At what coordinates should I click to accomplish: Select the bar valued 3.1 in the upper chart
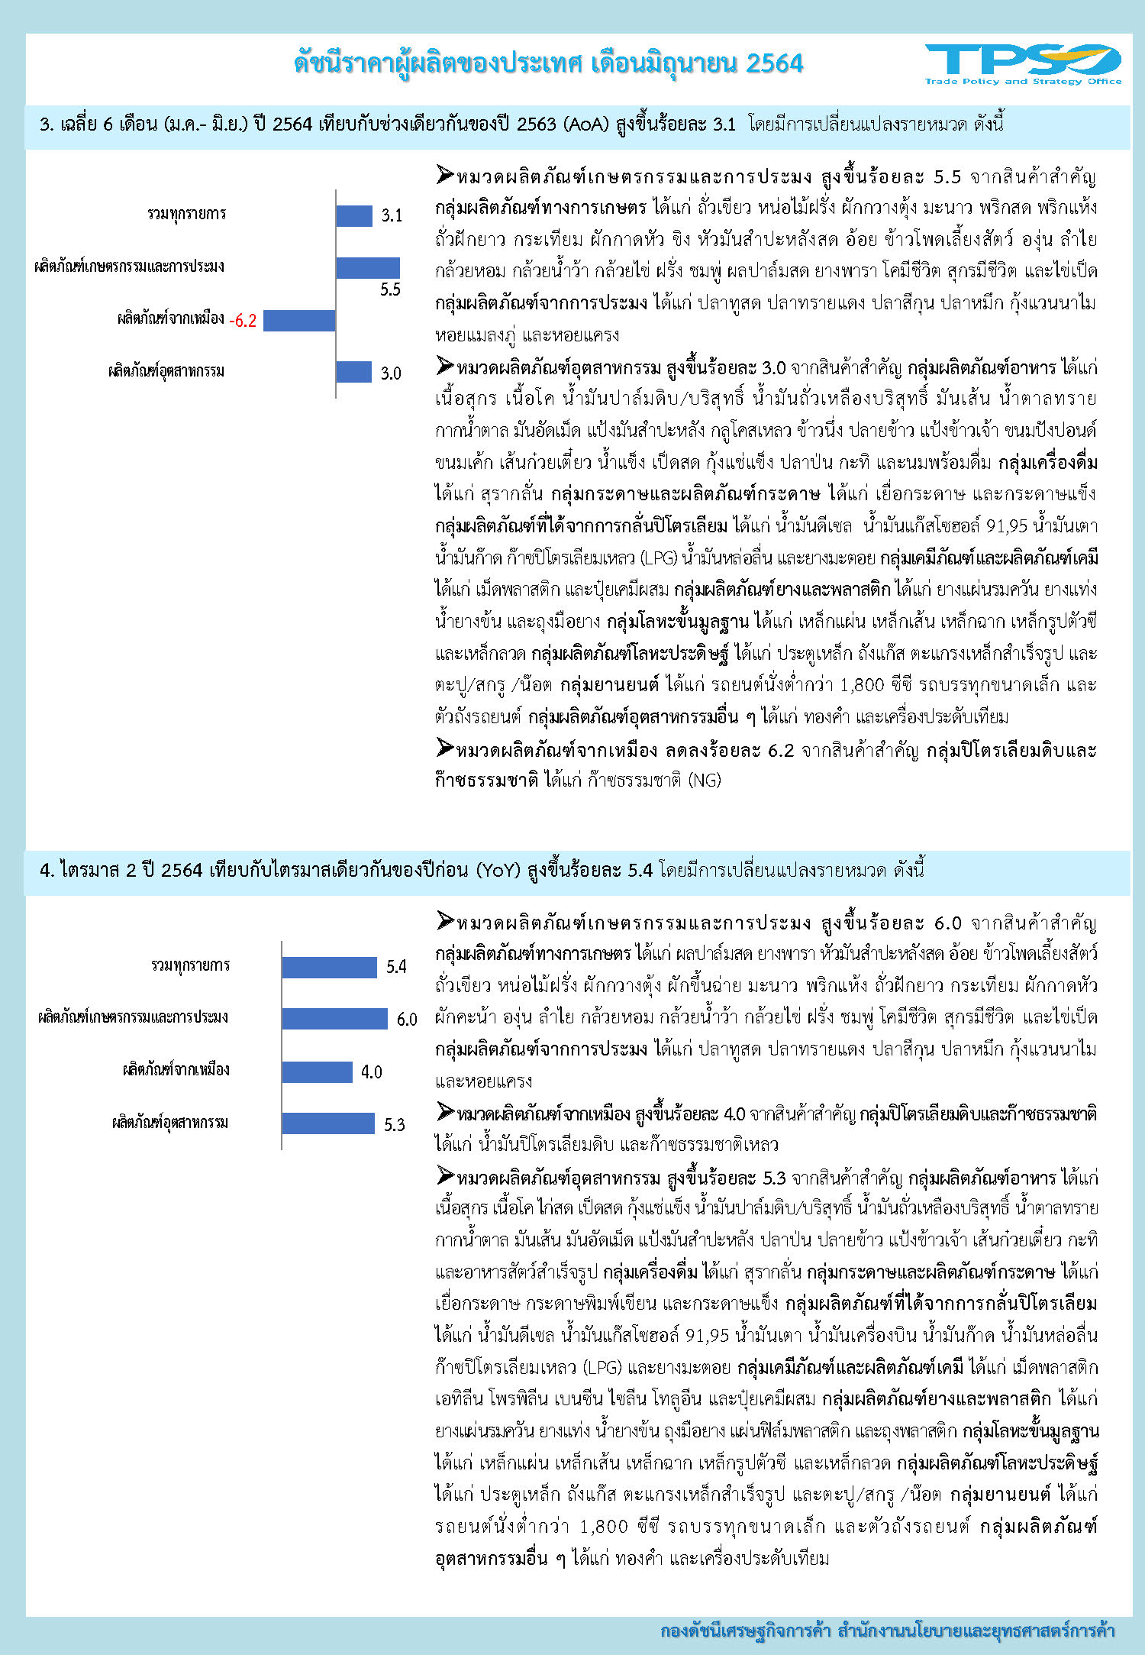(x=353, y=215)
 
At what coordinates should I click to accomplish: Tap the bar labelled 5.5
(x=367, y=267)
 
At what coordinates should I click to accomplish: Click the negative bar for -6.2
(x=299, y=320)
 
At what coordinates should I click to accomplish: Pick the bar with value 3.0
(x=353, y=372)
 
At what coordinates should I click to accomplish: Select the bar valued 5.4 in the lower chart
(x=329, y=967)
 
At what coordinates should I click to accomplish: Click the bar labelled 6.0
(x=334, y=1019)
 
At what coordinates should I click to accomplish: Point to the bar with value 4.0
(x=317, y=1072)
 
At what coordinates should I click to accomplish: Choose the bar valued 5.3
(x=328, y=1123)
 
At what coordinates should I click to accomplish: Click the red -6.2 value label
(x=243, y=321)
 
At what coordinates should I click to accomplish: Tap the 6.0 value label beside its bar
(x=407, y=1020)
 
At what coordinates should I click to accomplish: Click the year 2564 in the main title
(x=774, y=63)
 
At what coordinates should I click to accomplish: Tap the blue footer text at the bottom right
(x=887, y=1631)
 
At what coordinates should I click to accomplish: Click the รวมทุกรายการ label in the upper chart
(x=187, y=214)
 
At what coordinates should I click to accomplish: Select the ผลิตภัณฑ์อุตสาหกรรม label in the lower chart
(x=169, y=1123)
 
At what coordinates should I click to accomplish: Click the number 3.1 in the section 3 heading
(x=724, y=124)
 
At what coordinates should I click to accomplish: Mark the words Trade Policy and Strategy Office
(x=1023, y=81)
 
